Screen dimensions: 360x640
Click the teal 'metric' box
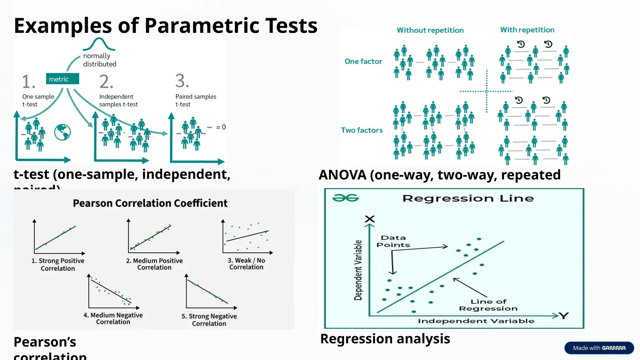62,79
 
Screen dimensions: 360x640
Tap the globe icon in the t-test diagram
62,132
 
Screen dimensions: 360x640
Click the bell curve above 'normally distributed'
99,44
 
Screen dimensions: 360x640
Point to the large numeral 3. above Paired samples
182,81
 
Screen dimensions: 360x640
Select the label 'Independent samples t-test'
118,100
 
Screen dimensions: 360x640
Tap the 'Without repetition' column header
430,30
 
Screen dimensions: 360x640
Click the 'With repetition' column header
527,30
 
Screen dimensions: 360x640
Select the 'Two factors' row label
362,130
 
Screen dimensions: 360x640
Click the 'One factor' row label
363,62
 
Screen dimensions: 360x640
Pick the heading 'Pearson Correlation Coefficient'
150,203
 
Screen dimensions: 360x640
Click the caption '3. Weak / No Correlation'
246,264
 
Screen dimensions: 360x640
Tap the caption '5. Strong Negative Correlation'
209,320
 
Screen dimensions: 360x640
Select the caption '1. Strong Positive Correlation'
58,264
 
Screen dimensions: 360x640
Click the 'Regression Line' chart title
468,198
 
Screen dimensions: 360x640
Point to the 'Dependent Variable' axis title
358,270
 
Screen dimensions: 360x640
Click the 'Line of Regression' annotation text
488,305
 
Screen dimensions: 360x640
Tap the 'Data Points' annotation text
393,241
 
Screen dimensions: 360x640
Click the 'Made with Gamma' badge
599,348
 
